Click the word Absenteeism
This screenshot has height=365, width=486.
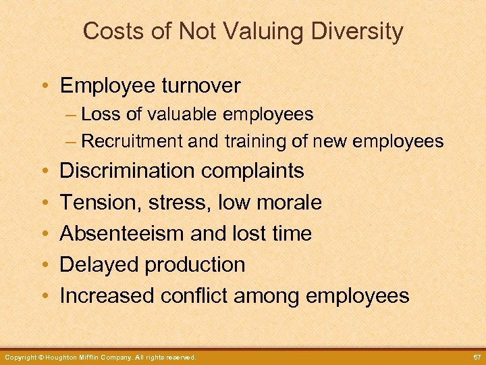pyautogui.click(x=122, y=233)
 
